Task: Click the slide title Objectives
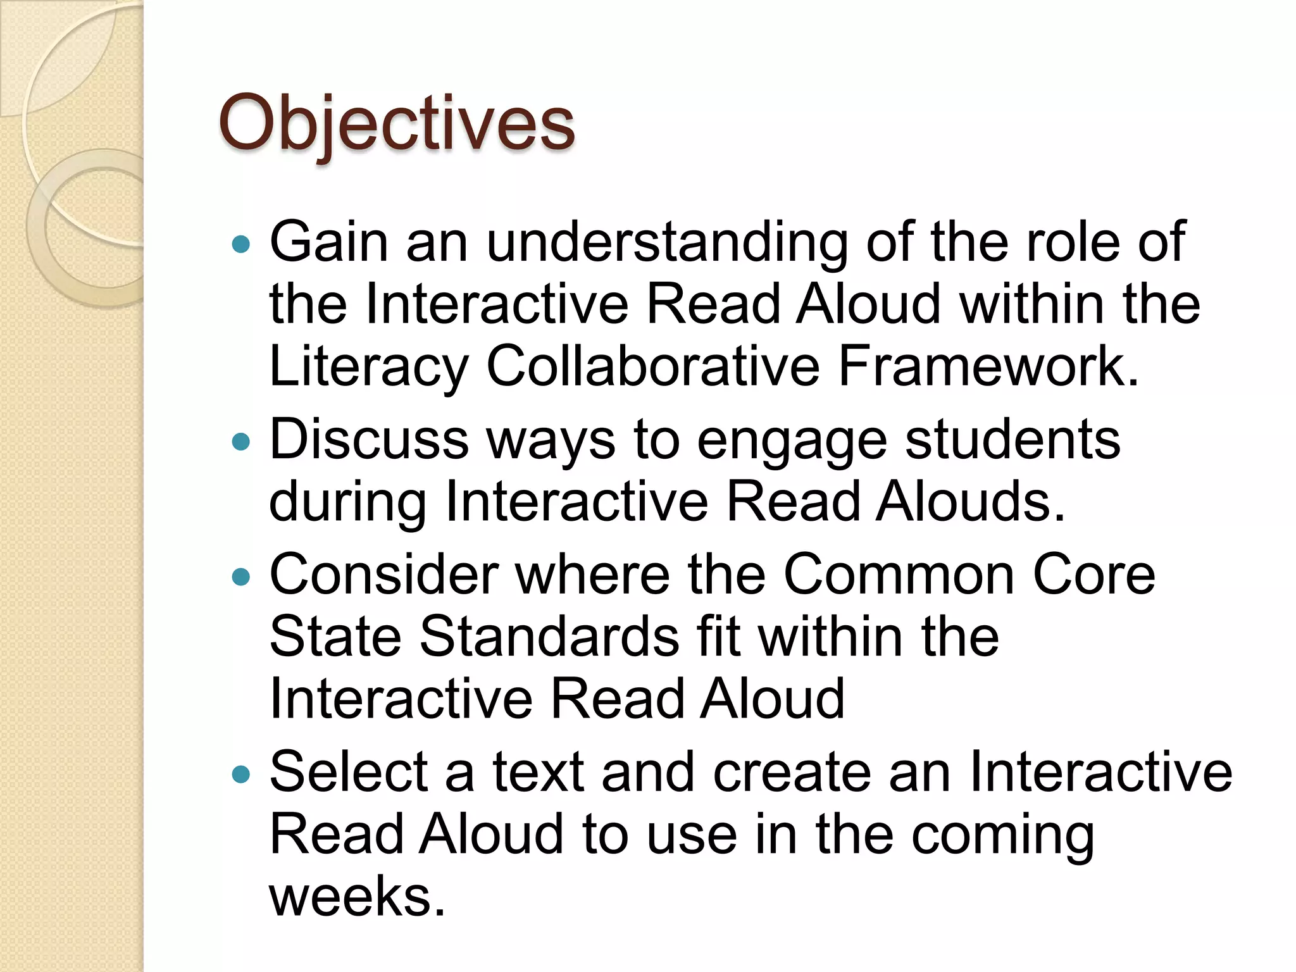tap(397, 123)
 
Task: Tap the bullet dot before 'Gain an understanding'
tap(241, 244)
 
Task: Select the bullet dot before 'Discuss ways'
tap(241, 441)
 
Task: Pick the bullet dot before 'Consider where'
tap(241, 576)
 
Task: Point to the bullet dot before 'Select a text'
tap(241, 773)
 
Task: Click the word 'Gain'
tap(328, 242)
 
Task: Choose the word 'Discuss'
tap(369, 439)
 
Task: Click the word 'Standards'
tap(549, 637)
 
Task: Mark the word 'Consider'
tap(384, 575)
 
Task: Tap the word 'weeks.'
tap(358, 896)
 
